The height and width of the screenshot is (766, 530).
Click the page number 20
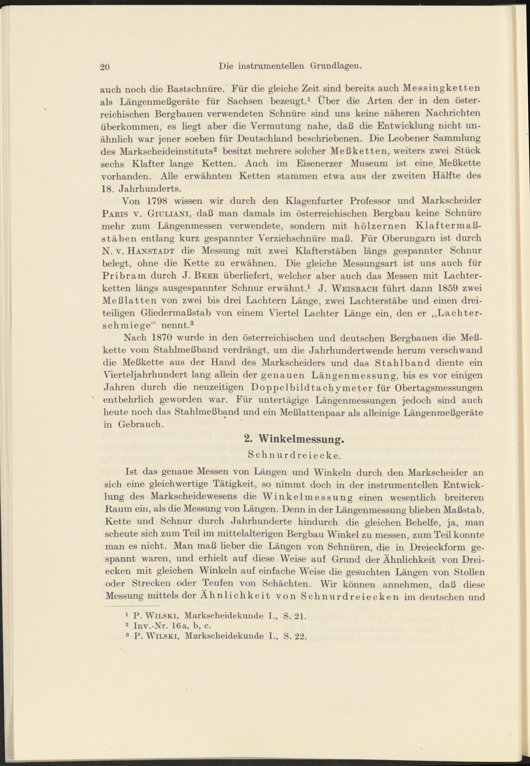click(x=105, y=67)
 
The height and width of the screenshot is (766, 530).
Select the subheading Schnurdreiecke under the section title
click(x=294, y=455)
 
